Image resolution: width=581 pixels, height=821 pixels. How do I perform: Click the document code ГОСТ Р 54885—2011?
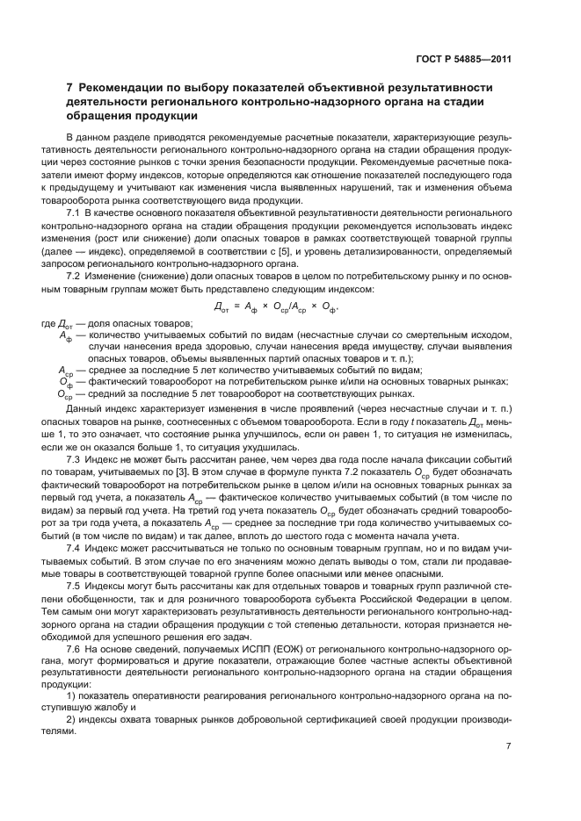465,61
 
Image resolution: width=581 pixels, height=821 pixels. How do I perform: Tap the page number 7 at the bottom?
509,746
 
